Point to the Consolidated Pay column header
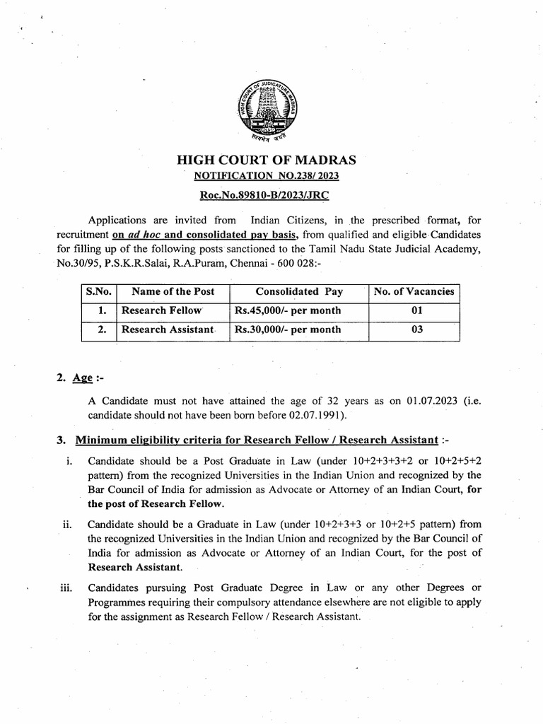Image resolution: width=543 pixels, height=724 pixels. [x=298, y=291]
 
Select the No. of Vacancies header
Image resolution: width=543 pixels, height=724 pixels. [x=414, y=291]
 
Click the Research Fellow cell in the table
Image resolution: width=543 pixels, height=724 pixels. [x=161, y=310]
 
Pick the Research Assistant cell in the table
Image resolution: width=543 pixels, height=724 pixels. [x=167, y=329]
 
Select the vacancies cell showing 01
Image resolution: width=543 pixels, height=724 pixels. [x=414, y=310]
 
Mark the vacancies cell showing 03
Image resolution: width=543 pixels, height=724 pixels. [x=414, y=329]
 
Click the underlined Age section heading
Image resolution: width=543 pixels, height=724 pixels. [x=83, y=378]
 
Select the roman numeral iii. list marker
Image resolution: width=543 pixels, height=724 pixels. [x=66, y=588]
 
